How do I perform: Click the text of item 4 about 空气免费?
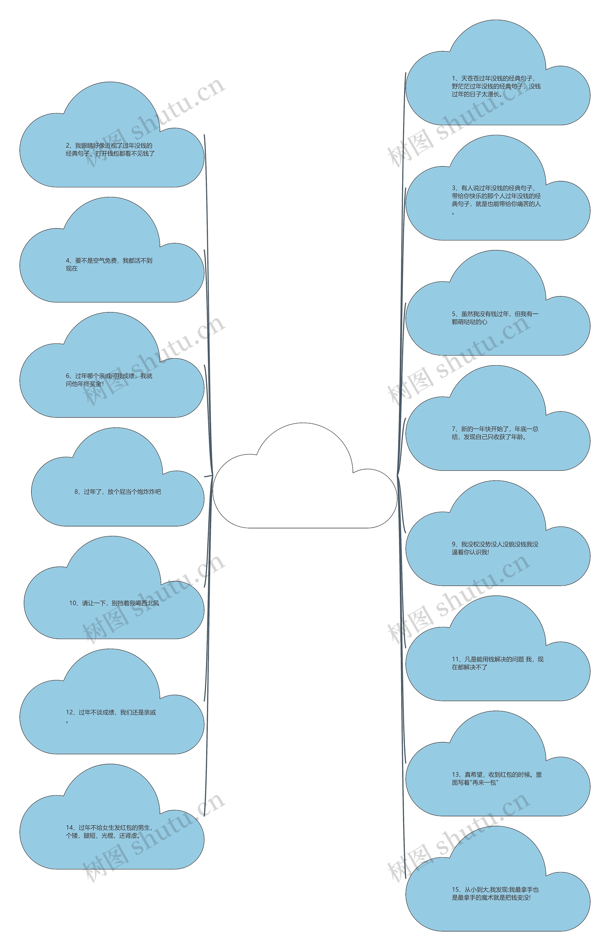(109, 265)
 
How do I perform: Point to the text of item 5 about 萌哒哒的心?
(495, 318)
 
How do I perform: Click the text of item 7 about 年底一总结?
(495, 433)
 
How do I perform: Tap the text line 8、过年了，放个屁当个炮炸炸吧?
(118, 492)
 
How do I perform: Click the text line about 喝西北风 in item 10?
(114, 603)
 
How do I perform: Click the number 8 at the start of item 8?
(76, 492)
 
